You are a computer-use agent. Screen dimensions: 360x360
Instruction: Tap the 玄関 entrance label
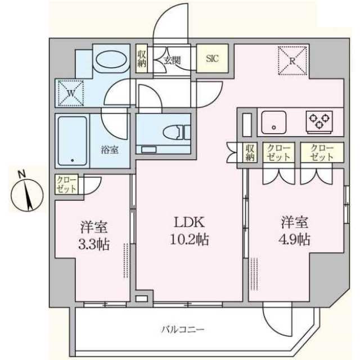[x=172, y=59]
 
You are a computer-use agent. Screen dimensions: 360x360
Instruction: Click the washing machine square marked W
[x=69, y=93]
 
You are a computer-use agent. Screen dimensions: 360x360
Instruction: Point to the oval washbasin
[x=111, y=60]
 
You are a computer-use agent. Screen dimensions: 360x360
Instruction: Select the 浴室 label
[x=109, y=150]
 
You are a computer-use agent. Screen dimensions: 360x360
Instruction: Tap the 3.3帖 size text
[x=94, y=245]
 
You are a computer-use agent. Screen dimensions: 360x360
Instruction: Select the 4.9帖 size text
[x=295, y=240]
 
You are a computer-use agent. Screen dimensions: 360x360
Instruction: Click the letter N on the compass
[x=20, y=174]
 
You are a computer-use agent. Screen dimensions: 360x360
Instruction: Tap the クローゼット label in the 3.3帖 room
[x=66, y=184]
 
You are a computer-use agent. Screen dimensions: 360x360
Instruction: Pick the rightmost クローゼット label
[x=321, y=152]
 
